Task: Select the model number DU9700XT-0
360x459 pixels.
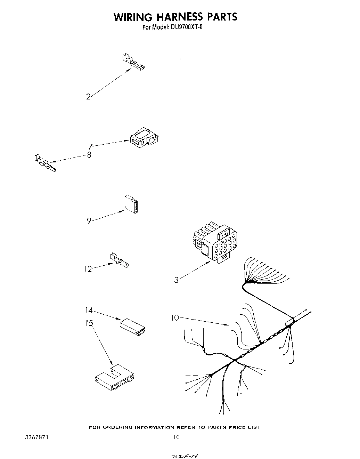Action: pos(186,27)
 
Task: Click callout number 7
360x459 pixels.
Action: pos(90,147)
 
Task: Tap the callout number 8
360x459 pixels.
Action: pos(89,155)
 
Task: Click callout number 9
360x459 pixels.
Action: pos(89,220)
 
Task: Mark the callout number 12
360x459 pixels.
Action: pos(88,269)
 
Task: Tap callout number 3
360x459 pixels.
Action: pos(176,280)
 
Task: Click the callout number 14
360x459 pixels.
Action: pos(90,310)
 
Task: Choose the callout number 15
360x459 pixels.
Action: pos(89,323)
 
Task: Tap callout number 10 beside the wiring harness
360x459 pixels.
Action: pos(175,317)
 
